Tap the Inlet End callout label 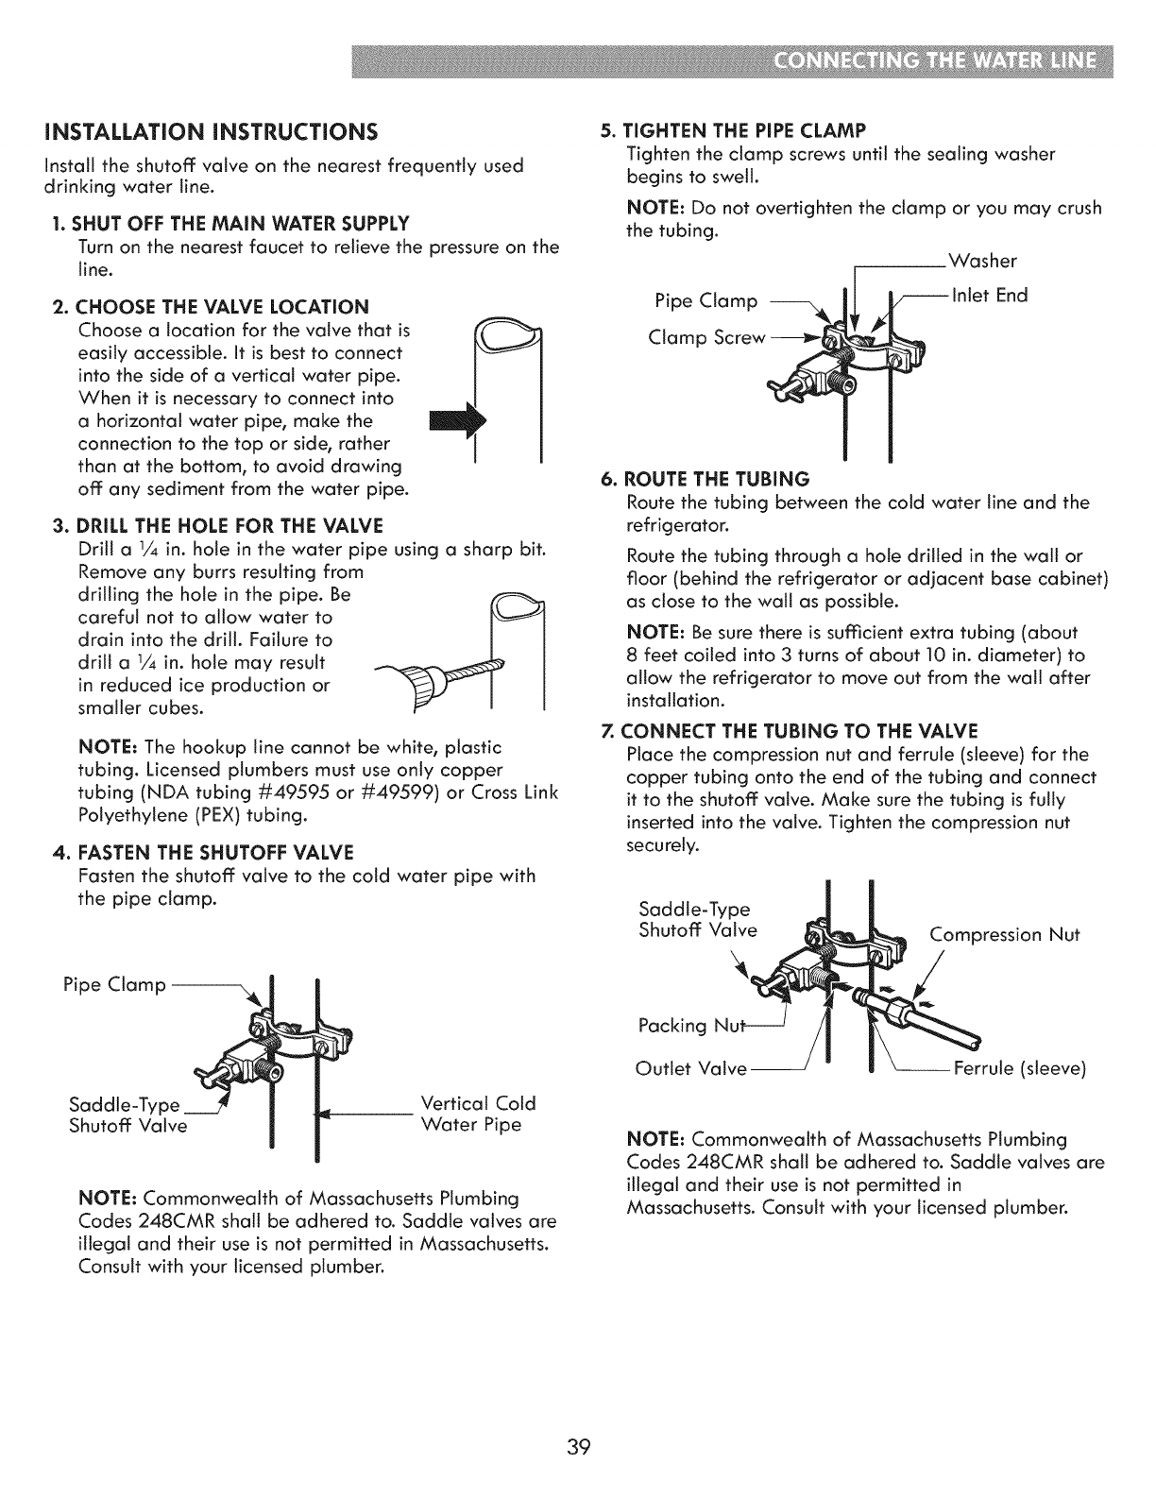988,296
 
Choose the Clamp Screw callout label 705,338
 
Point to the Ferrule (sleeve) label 1020,1069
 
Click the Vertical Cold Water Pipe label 477,1115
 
